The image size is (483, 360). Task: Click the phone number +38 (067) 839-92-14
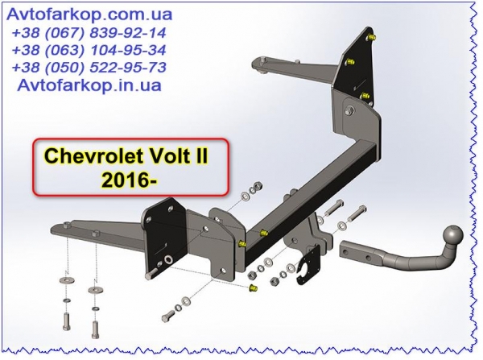tap(89, 33)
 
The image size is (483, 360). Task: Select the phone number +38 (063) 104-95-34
tap(89, 50)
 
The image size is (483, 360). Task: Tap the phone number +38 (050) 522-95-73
tap(89, 68)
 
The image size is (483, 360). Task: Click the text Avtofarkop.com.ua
tap(89, 14)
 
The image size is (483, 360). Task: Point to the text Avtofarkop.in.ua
tap(89, 85)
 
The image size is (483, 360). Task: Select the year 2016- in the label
tap(130, 180)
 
